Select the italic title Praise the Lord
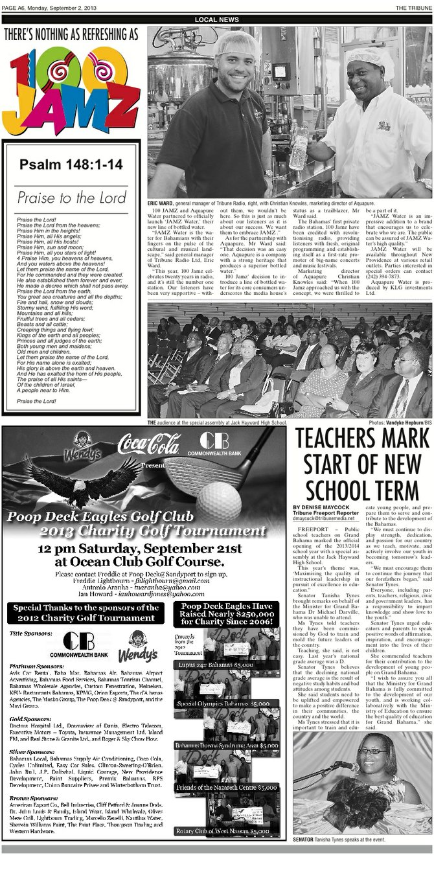(x=71, y=198)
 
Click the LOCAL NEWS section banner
(x=216, y=20)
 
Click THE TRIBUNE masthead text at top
(x=414, y=7)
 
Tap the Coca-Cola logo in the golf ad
(x=148, y=444)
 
